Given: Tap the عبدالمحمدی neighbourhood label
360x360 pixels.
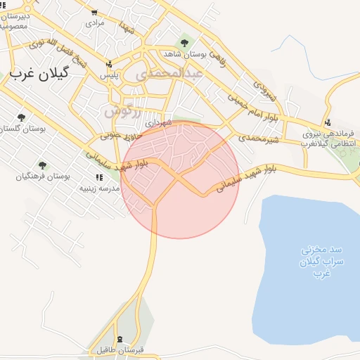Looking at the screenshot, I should (x=172, y=72).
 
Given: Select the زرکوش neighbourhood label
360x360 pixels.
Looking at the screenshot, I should (x=122, y=111).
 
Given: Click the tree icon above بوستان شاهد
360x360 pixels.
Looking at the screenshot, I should (x=185, y=44).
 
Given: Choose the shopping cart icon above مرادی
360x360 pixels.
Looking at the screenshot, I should (x=95, y=13).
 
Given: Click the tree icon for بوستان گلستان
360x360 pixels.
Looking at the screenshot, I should (x=21, y=117).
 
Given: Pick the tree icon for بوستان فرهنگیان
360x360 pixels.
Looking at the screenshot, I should (x=42, y=165).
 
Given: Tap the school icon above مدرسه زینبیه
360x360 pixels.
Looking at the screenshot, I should (x=98, y=178).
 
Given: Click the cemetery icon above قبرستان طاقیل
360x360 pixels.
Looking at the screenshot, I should (x=120, y=339).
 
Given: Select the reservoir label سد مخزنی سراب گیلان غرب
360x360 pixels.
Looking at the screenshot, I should (x=310, y=260).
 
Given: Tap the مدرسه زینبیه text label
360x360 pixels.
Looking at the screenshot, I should (x=97, y=188).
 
